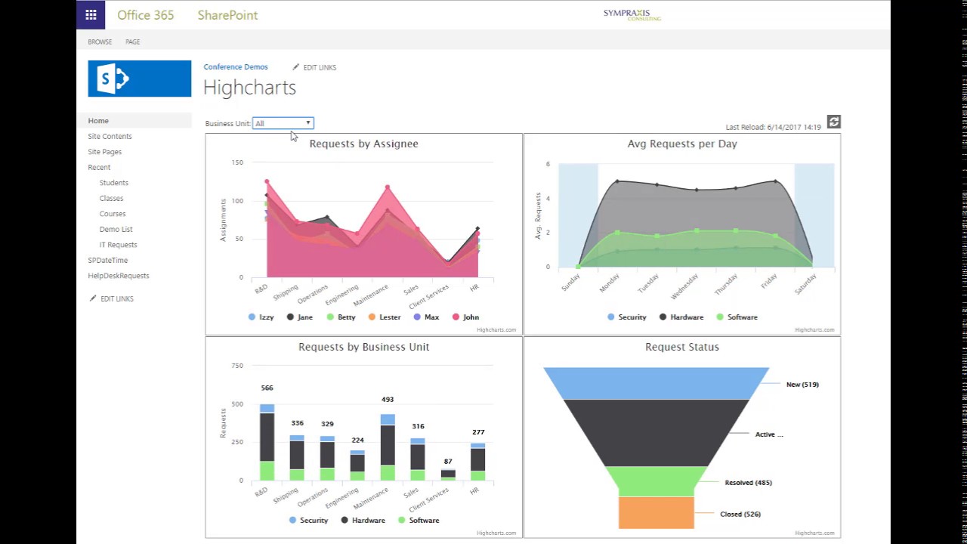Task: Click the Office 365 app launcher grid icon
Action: pyautogui.click(x=91, y=14)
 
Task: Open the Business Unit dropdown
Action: pyautogui.click(x=283, y=123)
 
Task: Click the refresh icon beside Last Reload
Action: pyautogui.click(x=833, y=122)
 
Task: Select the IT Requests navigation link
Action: pyautogui.click(x=118, y=245)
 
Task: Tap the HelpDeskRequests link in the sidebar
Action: pyautogui.click(x=118, y=276)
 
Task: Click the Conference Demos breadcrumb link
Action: pyautogui.click(x=235, y=67)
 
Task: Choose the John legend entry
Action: pyautogui.click(x=465, y=317)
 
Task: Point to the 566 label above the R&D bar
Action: pyautogui.click(x=267, y=388)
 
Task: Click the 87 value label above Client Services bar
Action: pyautogui.click(x=448, y=461)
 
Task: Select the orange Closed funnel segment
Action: pyautogui.click(x=656, y=512)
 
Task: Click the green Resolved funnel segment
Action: pyautogui.click(x=656, y=481)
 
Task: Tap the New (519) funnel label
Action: pyautogui.click(x=802, y=385)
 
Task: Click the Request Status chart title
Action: pyautogui.click(x=681, y=347)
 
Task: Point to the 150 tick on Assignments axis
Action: pyautogui.click(x=237, y=162)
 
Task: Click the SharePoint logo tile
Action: pyautogui.click(x=140, y=79)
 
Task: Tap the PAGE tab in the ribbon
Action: pyautogui.click(x=132, y=42)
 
